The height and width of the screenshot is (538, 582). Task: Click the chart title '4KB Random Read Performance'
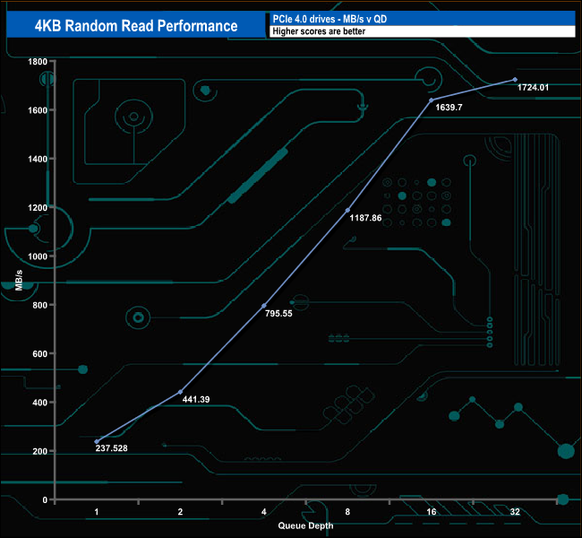tap(136, 25)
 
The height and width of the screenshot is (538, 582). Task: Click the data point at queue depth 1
tap(97, 441)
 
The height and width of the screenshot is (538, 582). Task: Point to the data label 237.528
tap(112, 448)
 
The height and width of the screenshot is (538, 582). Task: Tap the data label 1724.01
tap(533, 87)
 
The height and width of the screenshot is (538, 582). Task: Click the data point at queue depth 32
tap(515, 80)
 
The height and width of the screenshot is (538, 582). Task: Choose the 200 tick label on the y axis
tap(39, 451)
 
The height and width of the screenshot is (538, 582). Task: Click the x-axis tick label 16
tap(432, 511)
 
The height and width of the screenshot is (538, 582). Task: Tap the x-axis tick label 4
tap(264, 511)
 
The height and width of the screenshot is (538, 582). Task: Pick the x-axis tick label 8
tap(348, 511)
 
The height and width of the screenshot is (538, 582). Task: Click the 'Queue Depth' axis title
tap(305, 525)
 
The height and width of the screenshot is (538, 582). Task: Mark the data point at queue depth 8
tap(348, 210)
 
